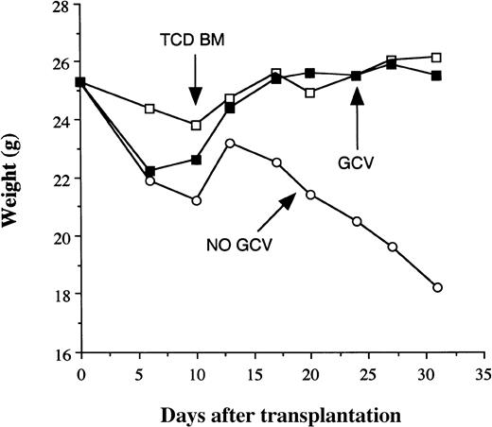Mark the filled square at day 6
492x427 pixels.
click(x=151, y=171)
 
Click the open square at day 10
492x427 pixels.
click(x=196, y=125)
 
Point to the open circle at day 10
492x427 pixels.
click(x=196, y=200)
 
